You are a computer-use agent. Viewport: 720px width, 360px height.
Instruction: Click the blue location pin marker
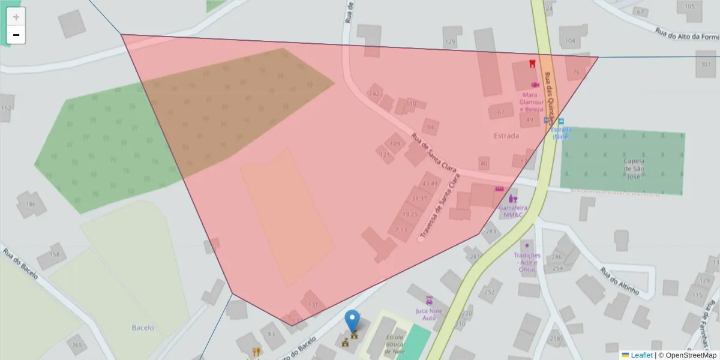pyautogui.click(x=353, y=322)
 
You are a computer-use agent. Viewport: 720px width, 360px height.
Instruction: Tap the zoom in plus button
pyautogui.click(x=16, y=17)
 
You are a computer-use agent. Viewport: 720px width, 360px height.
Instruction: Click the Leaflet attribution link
pyautogui.click(x=641, y=355)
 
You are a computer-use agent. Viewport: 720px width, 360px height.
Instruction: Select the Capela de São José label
pyautogui.click(x=634, y=169)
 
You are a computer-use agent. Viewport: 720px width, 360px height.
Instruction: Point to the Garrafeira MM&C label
pyautogui.click(x=514, y=211)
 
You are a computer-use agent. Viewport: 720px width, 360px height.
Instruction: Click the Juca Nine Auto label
pyautogui.click(x=429, y=314)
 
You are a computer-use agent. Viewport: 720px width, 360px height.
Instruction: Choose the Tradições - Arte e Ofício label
pyautogui.click(x=527, y=262)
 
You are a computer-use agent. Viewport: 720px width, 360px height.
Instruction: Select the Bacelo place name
pyautogui.click(x=143, y=328)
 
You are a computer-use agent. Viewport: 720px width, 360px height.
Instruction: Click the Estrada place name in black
pyautogui.click(x=506, y=136)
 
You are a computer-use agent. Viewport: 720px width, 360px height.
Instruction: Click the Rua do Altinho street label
pyautogui.click(x=619, y=280)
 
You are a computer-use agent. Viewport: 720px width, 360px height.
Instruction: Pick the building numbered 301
pyautogui.click(x=706, y=63)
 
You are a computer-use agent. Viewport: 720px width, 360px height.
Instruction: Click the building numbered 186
pyautogui.click(x=31, y=204)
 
